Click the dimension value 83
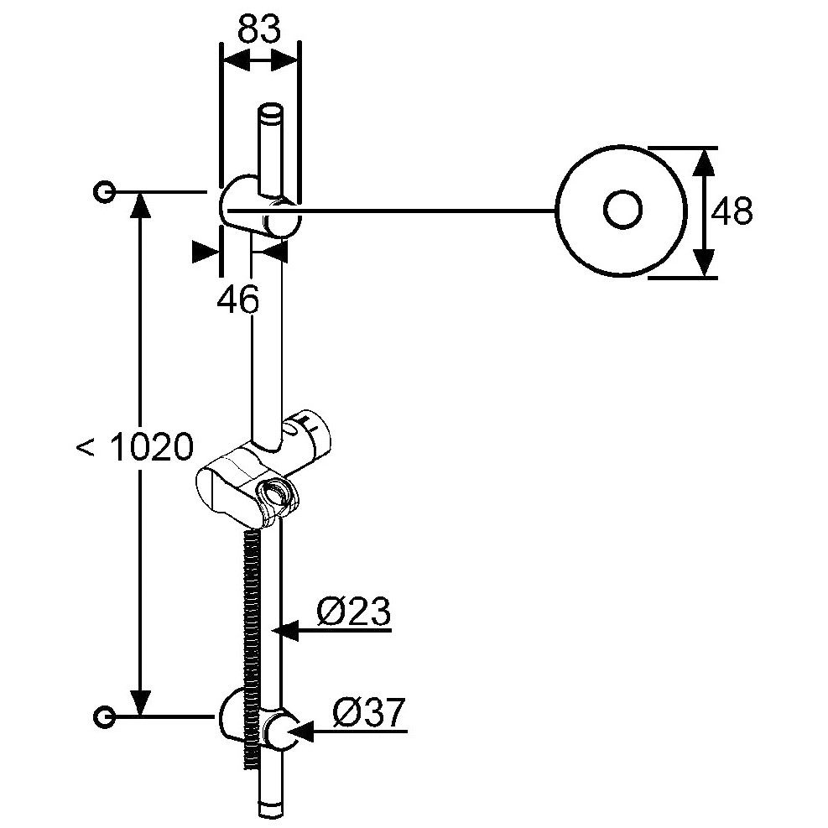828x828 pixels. pyautogui.click(x=258, y=29)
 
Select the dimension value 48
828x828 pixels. pyautogui.click(x=732, y=212)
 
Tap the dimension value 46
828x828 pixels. pyautogui.click(x=238, y=299)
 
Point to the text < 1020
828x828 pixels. pyautogui.click(x=135, y=448)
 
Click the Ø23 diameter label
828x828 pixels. pyautogui.click(x=354, y=613)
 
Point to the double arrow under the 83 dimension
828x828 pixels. pyautogui.click(x=259, y=61)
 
